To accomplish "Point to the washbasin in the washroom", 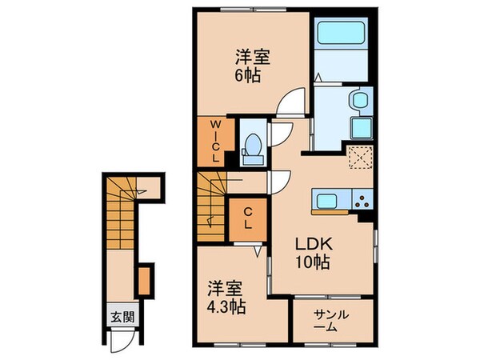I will click(358, 101).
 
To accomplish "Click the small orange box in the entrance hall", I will click(143, 280).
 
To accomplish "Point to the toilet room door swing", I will click(277, 133).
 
